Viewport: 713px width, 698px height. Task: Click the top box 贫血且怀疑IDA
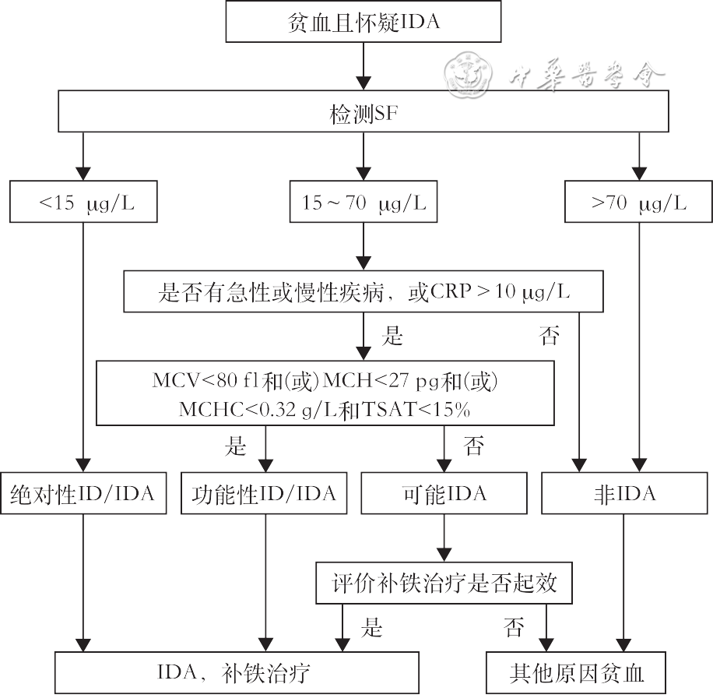364,22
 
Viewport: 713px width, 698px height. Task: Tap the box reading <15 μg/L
84,203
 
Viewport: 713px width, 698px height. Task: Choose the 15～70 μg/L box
364,203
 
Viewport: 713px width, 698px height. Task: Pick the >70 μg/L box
638,203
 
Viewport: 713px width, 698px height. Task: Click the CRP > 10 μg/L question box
364,293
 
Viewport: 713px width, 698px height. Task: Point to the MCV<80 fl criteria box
325,393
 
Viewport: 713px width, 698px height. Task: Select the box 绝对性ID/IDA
83,494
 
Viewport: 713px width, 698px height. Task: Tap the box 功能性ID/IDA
264,494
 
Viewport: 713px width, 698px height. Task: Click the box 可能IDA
444,494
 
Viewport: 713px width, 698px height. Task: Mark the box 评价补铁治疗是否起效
444,583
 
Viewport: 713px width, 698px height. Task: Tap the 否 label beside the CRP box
550,337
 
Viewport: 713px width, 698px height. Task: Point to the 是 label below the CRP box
393,337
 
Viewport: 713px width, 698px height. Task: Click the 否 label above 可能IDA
474,447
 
